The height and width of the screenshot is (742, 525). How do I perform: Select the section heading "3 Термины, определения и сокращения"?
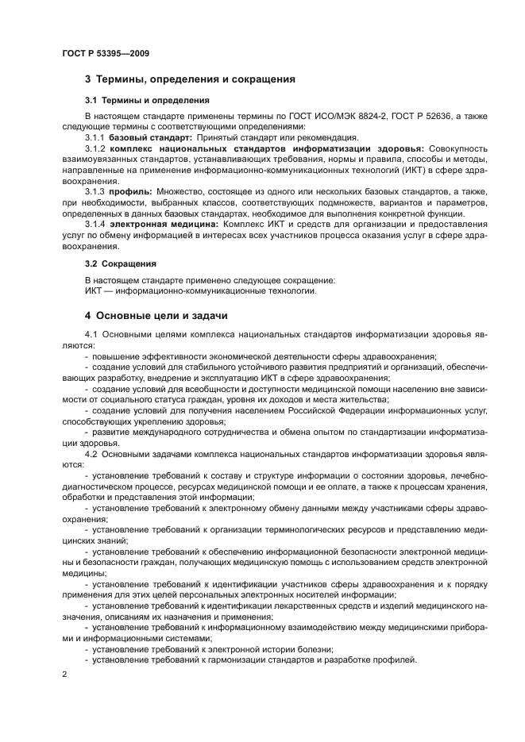(x=190, y=79)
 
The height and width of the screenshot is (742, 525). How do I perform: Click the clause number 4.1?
(x=91, y=336)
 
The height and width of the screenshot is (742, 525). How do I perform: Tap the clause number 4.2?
(x=91, y=453)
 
